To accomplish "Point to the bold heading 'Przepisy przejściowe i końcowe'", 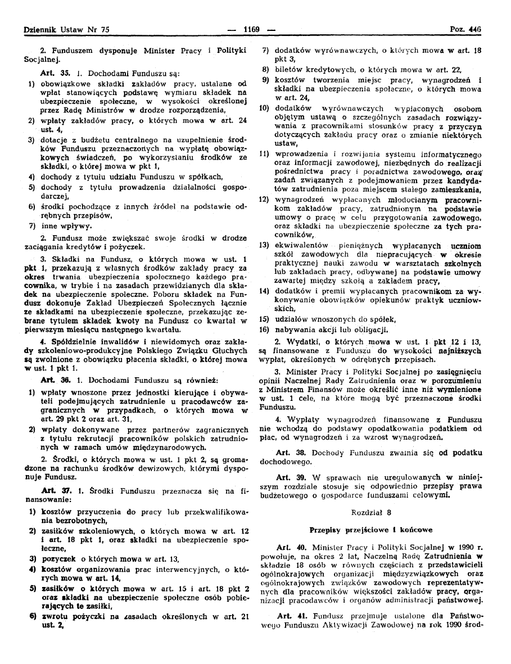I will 370,530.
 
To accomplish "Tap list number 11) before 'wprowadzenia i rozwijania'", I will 264,154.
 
